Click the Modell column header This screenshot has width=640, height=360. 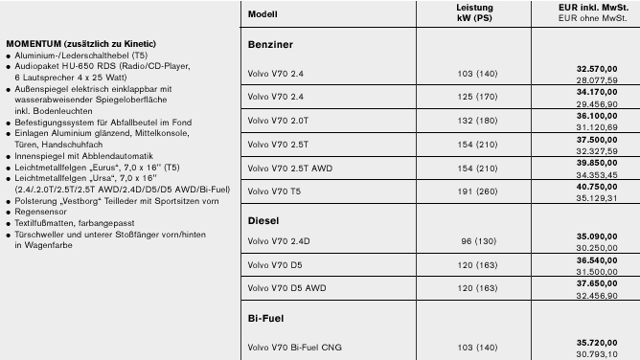click(x=263, y=14)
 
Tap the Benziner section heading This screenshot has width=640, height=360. click(x=270, y=45)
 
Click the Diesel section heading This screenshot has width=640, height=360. click(x=263, y=220)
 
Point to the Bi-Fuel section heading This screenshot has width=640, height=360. click(x=267, y=317)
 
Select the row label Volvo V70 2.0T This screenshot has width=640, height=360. click(x=279, y=120)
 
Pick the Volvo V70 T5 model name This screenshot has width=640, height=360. click(x=274, y=191)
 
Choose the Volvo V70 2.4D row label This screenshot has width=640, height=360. click(x=279, y=240)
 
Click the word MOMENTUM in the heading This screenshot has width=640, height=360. click(x=36, y=44)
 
